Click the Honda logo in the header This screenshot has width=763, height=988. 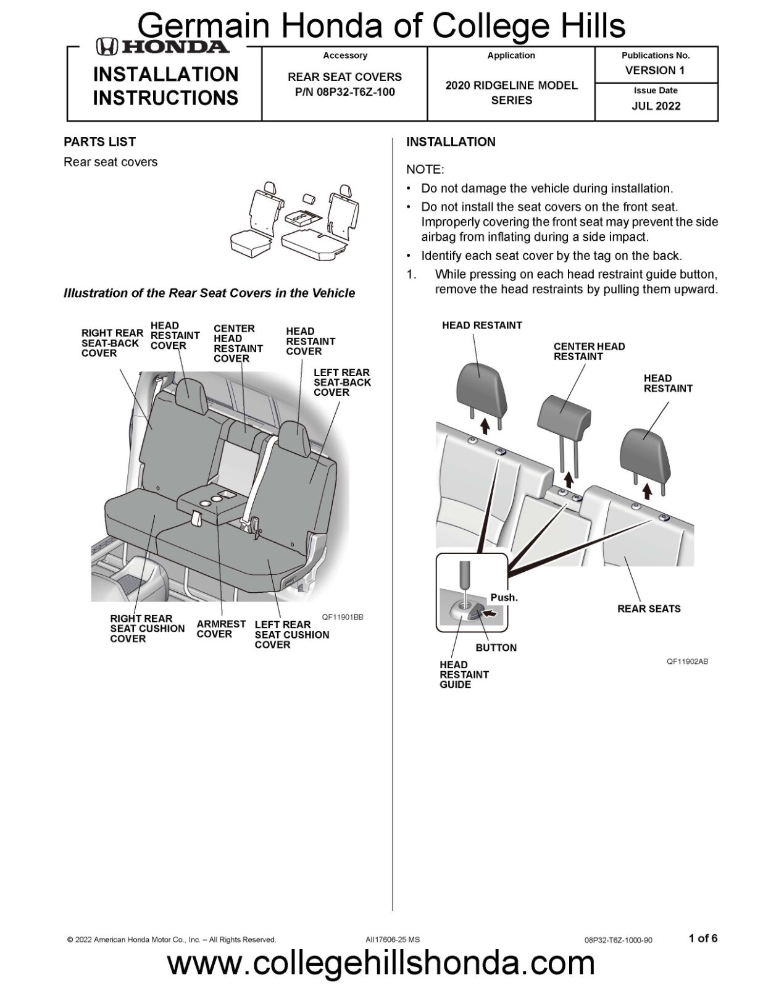pos(162,46)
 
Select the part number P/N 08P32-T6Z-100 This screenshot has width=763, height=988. pos(344,92)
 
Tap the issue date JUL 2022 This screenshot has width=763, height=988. pos(656,106)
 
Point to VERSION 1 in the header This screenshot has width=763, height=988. pos(654,70)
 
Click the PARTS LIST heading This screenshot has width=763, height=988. pos(99,141)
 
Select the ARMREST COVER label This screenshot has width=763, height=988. pos(220,629)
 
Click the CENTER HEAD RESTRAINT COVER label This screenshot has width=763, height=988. pos(238,343)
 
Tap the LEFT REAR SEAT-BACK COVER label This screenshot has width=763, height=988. pos(342,382)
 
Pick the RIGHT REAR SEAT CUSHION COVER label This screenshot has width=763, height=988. pos(147,628)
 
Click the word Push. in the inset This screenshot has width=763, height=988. pos(504,597)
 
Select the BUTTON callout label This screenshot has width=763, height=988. pos(496,647)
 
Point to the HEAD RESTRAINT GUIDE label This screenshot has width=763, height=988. pos(464,674)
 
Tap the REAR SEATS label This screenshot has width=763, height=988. pos(649,608)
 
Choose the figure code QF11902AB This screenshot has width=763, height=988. pos(687,661)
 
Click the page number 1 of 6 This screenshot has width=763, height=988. pos(703,938)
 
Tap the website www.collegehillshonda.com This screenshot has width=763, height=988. pos(381,963)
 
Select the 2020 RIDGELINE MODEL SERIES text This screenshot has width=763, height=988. pos(511,93)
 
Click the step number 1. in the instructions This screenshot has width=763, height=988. pos(412,274)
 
